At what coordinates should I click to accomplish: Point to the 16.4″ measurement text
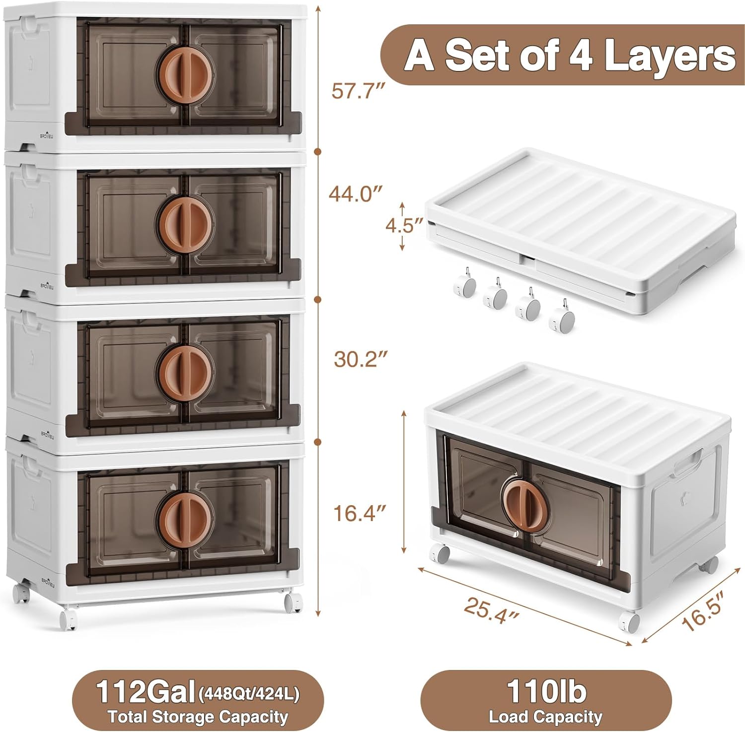coord(359,513)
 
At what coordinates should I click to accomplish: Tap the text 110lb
coord(546,690)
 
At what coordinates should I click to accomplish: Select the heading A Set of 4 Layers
coord(570,56)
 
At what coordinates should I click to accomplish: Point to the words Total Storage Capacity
coord(198,717)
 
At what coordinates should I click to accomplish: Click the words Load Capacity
coord(545,717)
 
